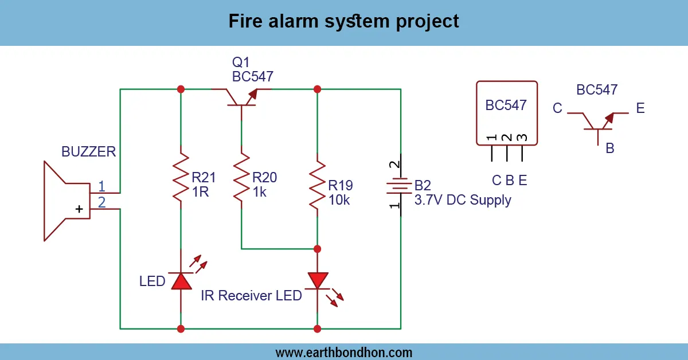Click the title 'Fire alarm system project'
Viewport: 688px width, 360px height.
[x=344, y=22]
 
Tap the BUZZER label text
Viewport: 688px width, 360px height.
[x=89, y=152]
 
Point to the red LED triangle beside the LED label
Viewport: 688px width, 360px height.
[x=181, y=280]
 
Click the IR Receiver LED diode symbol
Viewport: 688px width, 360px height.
[x=317, y=281]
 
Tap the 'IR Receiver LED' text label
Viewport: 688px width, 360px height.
[x=251, y=296]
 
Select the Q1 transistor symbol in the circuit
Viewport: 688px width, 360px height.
[x=241, y=97]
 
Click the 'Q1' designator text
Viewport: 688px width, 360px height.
[x=241, y=62]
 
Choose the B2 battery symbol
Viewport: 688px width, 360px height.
[x=400, y=186]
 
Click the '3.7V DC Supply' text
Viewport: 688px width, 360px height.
[x=463, y=201]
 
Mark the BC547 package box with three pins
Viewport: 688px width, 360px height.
[x=507, y=112]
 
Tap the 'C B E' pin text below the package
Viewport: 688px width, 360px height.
[x=509, y=181]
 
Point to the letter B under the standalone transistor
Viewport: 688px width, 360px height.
[x=610, y=148]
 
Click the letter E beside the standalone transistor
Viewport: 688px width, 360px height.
[x=640, y=108]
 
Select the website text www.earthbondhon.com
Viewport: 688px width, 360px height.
[x=344, y=352]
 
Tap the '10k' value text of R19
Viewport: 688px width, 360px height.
[x=339, y=200]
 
